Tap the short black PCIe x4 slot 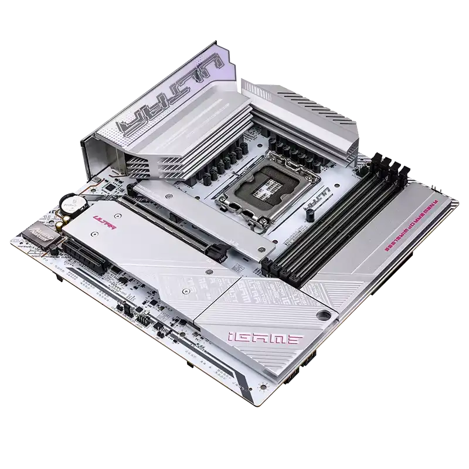tap(86, 256)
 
